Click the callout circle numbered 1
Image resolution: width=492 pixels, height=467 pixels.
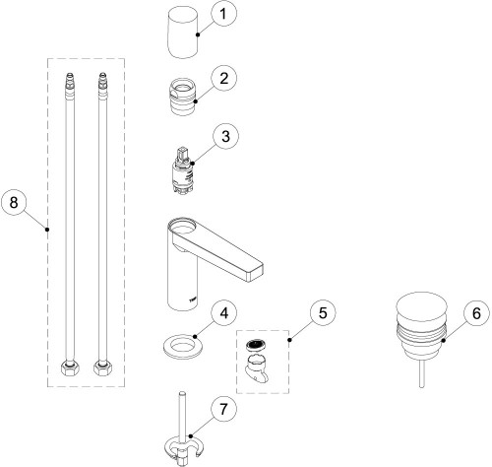click(x=223, y=14)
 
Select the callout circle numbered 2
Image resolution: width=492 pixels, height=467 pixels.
click(x=224, y=79)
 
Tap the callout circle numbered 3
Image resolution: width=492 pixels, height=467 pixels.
click(x=226, y=137)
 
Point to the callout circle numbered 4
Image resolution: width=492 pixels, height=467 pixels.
click(x=224, y=313)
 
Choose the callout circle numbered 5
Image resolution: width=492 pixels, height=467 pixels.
click(x=323, y=313)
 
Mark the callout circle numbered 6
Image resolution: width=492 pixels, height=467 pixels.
click(x=476, y=313)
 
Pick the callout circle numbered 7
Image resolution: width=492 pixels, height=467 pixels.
click(x=223, y=410)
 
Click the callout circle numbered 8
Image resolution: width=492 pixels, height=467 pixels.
click(x=14, y=202)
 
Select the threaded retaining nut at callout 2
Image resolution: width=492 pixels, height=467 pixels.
click(x=182, y=97)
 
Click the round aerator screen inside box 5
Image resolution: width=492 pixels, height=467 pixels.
click(x=256, y=345)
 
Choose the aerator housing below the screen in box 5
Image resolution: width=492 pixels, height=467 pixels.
click(x=257, y=368)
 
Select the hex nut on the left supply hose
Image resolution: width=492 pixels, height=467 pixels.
click(x=70, y=368)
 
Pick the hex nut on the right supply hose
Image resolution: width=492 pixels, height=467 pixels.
click(x=103, y=368)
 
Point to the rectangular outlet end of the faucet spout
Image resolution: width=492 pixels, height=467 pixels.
click(x=255, y=273)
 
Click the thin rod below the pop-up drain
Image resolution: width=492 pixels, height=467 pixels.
click(x=422, y=372)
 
